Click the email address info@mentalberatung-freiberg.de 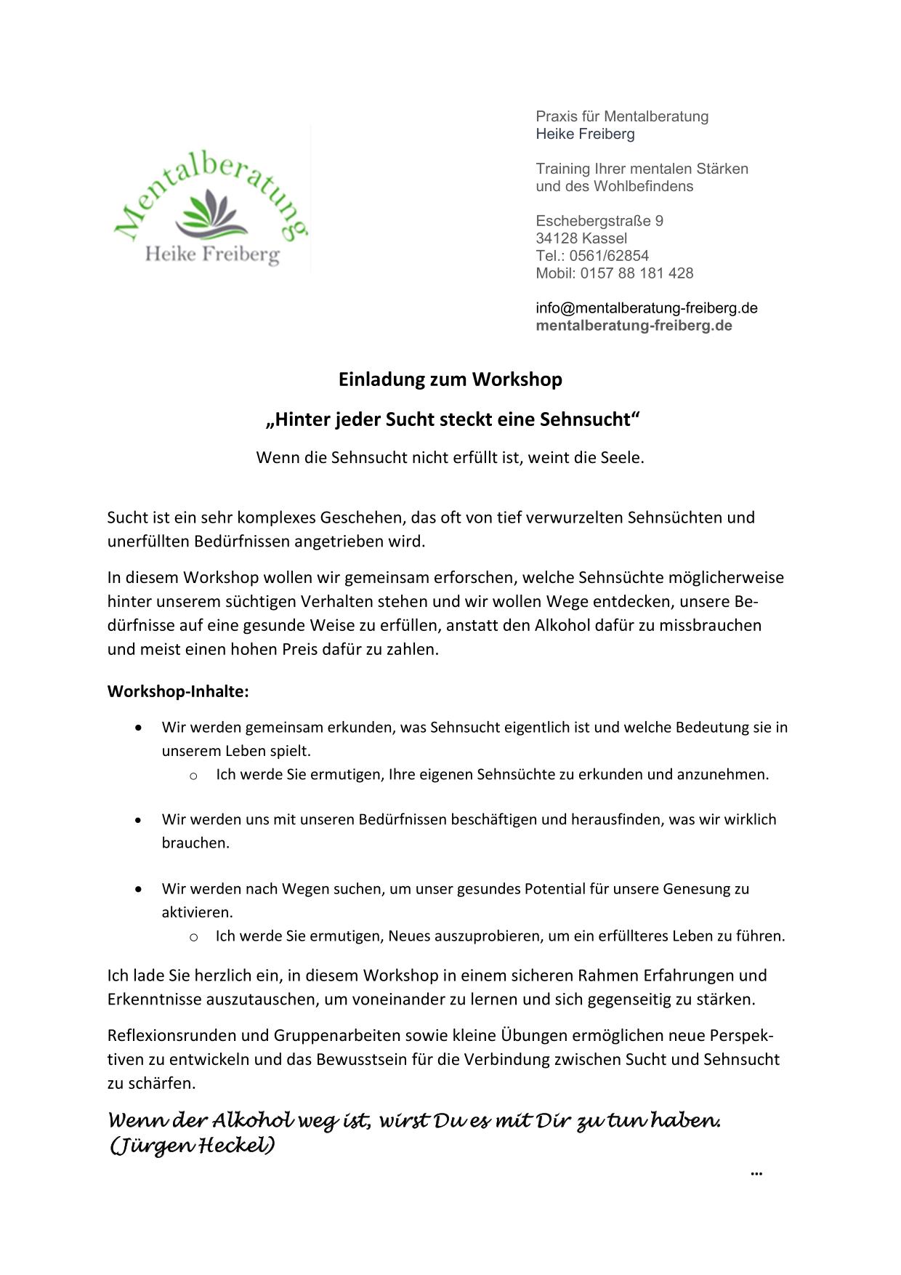coord(646,308)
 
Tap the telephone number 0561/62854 coord(609,256)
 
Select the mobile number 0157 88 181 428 coord(637,273)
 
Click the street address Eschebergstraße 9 coord(599,221)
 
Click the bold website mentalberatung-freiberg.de coord(634,326)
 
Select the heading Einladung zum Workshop coord(450,379)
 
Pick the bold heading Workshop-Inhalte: coord(178,691)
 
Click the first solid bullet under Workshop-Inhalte coord(139,728)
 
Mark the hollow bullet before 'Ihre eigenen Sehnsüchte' coord(193,776)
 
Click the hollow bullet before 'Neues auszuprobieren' coord(193,937)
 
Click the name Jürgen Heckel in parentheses coord(193,1146)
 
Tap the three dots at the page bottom coord(756,1173)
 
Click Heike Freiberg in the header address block coord(585,134)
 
